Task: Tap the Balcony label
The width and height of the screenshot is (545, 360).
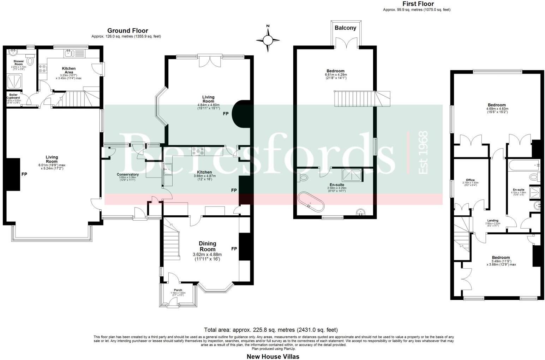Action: (x=345, y=28)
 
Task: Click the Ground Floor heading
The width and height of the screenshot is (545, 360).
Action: (x=127, y=31)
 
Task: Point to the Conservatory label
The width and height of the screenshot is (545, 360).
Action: (x=127, y=174)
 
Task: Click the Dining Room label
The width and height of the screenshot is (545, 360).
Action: (x=207, y=246)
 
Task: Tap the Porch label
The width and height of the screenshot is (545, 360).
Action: (x=178, y=290)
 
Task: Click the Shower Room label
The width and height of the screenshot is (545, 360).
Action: (x=19, y=63)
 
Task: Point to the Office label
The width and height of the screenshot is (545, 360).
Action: (x=470, y=180)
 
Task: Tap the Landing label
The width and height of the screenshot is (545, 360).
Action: (x=493, y=221)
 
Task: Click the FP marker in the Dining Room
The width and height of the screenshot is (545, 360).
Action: (x=234, y=249)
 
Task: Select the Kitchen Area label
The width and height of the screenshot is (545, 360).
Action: (x=69, y=70)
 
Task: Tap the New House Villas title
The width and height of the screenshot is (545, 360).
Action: (x=272, y=356)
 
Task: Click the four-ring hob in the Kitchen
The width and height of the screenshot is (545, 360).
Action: (x=198, y=151)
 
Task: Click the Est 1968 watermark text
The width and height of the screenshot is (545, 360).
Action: (x=423, y=152)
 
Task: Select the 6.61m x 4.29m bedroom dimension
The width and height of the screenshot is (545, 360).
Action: (x=336, y=75)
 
